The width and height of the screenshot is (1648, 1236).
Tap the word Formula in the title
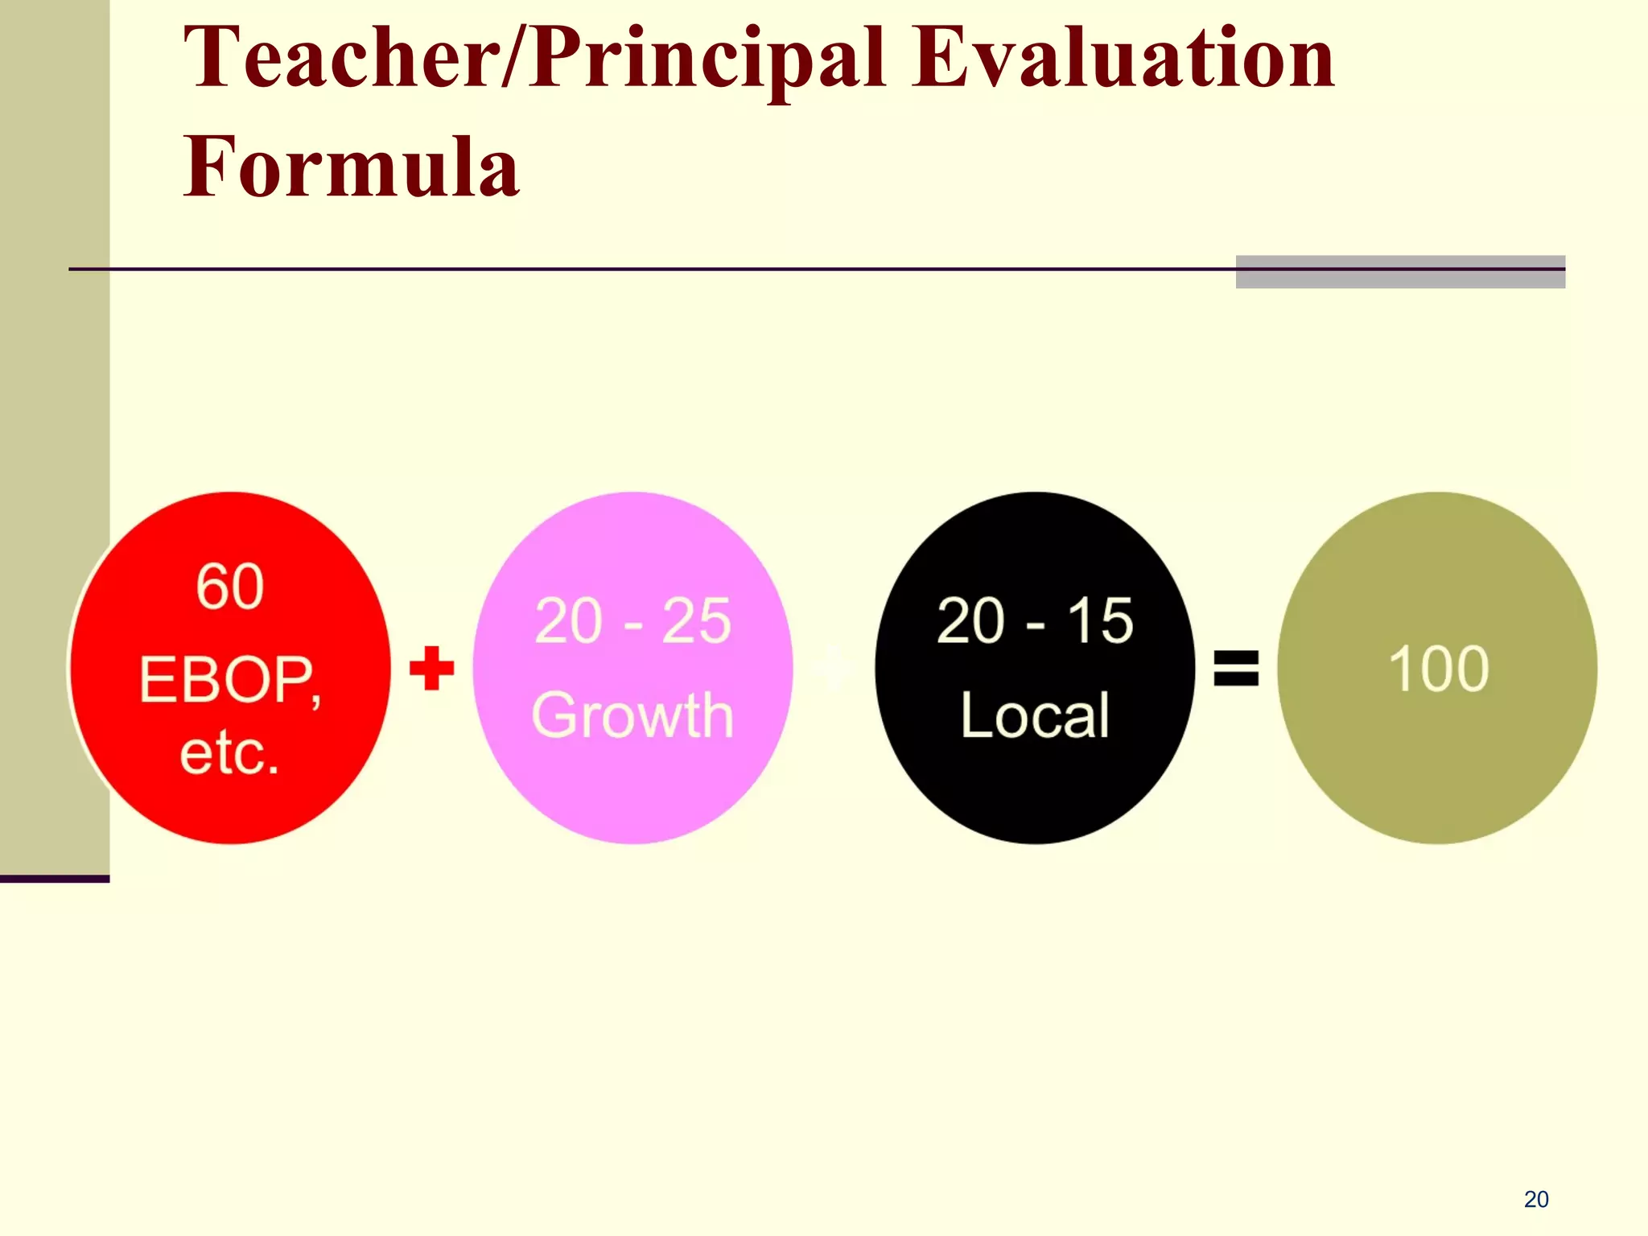pyautogui.click(x=352, y=167)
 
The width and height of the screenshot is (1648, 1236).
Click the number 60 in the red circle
pyautogui.click(x=230, y=587)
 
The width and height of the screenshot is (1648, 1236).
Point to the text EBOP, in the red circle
pyautogui.click(x=230, y=681)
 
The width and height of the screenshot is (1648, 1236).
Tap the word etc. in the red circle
pyautogui.click(x=230, y=753)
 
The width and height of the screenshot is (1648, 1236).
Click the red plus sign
pyautogui.click(x=432, y=668)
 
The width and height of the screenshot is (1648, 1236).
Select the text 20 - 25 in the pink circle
pyautogui.click(x=632, y=620)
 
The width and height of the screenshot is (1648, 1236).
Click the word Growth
pyautogui.click(x=632, y=715)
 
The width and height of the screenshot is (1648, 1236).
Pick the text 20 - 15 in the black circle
pyautogui.click(x=1035, y=620)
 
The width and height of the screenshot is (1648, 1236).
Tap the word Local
pyautogui.click(x=1035, y=715)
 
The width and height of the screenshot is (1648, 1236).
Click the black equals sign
pyautogui.click(x=1236, y=668)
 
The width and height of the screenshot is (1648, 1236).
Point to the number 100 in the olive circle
pyautogui.click(x=1438, y=669)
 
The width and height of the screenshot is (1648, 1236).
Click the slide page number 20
pyautogui.click(x=1536, y=1200)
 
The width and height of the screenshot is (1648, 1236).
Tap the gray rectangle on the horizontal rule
pyautogui.click(x=1400, y=272)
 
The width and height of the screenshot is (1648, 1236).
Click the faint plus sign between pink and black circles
pyautogui.click(x=834, y=668)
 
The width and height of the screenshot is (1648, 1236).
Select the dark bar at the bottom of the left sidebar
pyautogui.click(x=55, y=879)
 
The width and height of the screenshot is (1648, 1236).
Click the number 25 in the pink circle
pyautogui.click(x=696, y=620)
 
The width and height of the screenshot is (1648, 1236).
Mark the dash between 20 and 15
pyautogui.click(x=1036, y=624)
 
